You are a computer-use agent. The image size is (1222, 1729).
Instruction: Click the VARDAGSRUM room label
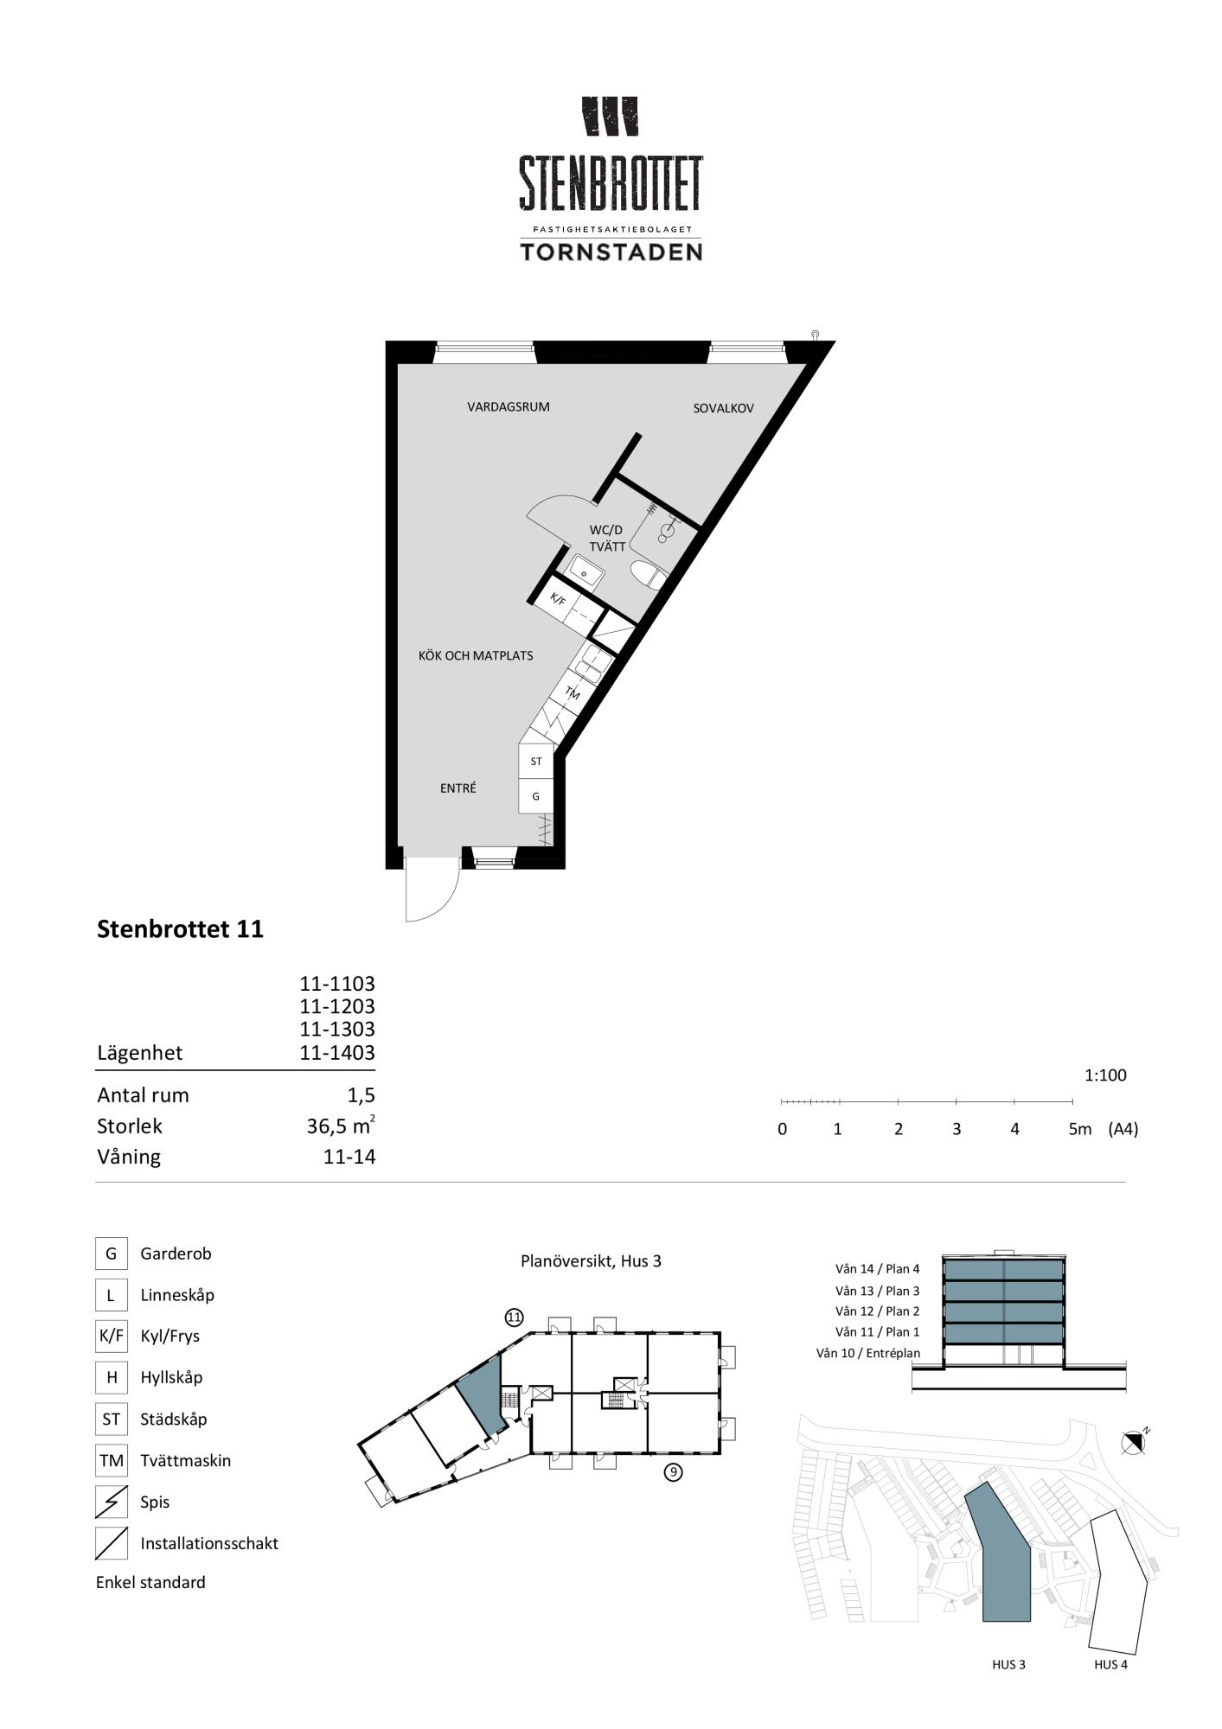[509, 406]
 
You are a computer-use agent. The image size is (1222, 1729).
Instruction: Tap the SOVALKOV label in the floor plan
[724, 408]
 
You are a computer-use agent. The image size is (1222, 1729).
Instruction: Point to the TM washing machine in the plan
[573, 692]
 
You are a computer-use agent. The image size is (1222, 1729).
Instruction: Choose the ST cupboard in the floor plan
[536, 762]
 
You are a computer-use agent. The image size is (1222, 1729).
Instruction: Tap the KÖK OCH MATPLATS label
[476, 655]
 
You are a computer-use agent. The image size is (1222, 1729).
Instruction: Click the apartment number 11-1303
[337, 1029]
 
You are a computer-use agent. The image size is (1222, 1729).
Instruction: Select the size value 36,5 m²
[341, 1126]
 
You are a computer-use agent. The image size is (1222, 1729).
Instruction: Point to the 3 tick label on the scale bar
[956, 1129]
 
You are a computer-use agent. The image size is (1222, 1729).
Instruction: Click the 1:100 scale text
[1106, 1075]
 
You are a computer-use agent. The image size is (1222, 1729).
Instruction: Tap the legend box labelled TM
[112, 1460]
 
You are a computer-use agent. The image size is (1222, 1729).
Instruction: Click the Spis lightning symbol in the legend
[112, 1502]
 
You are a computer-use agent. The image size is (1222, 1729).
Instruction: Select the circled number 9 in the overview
[673, 1471]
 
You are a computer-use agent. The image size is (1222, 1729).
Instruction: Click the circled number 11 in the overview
[515, 1317]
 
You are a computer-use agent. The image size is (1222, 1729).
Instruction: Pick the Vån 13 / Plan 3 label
[878, 1291]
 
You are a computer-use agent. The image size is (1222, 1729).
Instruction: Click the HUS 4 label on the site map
[1110, 1664]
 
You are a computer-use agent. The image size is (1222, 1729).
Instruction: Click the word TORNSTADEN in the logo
[611, 252]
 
